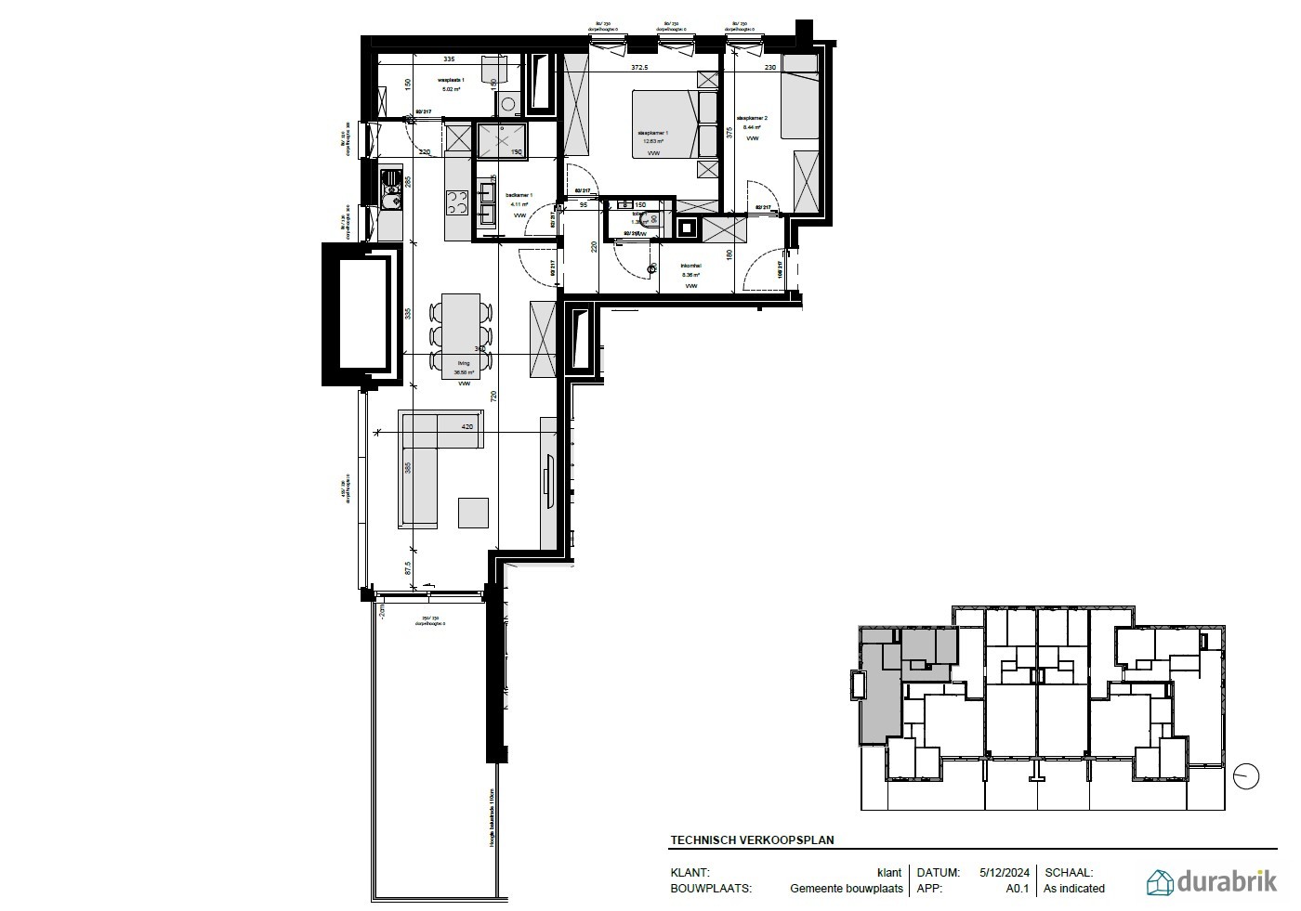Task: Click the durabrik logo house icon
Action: (x=1160, y=881)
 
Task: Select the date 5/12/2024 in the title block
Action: (x=1004, y=873)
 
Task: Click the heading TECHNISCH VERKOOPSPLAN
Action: (x=752, y=840)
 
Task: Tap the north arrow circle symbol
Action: (x=1246, y=776)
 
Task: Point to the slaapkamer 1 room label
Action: (x=652, y=133)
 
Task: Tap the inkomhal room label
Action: (x=690, y=266)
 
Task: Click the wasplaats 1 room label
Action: (x=451, y=82)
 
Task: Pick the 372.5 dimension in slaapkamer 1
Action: (x=639, y=68)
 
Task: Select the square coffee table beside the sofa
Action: (x=473, y=513)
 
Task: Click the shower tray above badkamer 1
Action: (x=501, y=140)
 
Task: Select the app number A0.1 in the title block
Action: (x=1018, y=889)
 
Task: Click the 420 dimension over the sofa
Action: (x=467, y=427)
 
